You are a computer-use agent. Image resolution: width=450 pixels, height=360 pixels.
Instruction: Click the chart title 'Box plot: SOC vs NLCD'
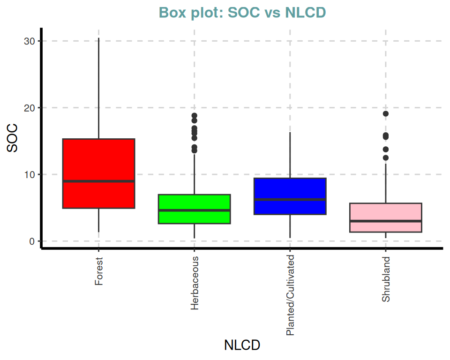coord(242,13)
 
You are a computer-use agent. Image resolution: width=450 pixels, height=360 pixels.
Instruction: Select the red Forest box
coord(99,159)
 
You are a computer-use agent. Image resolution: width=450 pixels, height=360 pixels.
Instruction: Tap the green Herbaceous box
coord(195,202)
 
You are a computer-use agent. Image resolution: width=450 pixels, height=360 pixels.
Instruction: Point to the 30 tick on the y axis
coord(30,41)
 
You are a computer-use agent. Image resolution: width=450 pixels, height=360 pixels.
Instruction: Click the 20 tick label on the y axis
coord(30,108)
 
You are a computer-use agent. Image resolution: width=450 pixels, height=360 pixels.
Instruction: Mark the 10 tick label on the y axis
coord(30,174)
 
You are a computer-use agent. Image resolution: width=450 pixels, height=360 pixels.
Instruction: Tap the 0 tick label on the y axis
coord(32,241)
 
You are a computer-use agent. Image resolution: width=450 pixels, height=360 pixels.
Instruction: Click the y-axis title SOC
coord(13,138)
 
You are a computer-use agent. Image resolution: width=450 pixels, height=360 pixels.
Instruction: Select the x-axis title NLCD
coord(242,345)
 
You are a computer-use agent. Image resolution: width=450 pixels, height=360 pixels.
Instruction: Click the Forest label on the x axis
coord(99,271)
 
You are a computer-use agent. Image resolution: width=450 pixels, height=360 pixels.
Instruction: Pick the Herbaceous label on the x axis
coord(195,283)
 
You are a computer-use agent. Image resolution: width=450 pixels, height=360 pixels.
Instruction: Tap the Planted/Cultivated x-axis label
coord(290,295)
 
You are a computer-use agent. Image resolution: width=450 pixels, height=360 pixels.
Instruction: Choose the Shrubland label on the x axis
coord(386,279)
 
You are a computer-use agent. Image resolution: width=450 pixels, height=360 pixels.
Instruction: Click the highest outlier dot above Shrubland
coord(386,114)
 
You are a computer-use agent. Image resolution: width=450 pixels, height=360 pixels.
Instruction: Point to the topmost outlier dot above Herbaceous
coord(195,116)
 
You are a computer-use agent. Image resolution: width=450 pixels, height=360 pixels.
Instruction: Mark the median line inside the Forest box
coord(99,181)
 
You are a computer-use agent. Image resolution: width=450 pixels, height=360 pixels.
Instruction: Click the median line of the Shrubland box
coord(386,221)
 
